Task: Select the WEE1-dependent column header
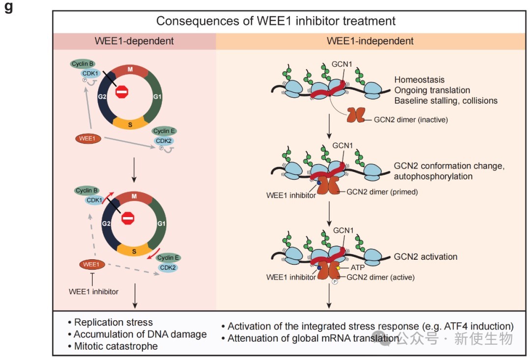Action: [x=134, y=41]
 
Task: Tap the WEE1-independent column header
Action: [x=370, y=41]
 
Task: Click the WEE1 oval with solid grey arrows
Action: [x=88, y=138]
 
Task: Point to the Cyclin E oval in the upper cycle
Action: [x=164, y=131]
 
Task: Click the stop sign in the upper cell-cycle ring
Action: [x=122, y=91]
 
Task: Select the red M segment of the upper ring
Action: [x=130, y=69]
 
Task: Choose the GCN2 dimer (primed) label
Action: [x=382, y=192]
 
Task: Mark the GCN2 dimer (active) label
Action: [x=380, y=277]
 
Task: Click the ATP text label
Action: [x=358, y=268]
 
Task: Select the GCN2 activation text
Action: [x=425, y=256]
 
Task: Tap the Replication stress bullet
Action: [x=113, y=322]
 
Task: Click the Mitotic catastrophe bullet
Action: [x=116, y=346]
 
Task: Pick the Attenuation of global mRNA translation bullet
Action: [x=313, y=338]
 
